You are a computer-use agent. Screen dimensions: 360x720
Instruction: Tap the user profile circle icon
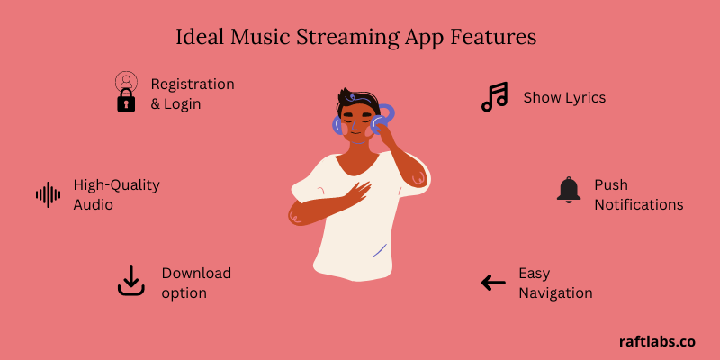[x=126, y=81]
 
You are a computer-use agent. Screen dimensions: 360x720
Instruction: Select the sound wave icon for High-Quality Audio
[x=48, y=194]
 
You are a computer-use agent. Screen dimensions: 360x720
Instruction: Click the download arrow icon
[x=131, y=281]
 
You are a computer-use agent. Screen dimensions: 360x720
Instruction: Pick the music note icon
[x=494, y=97]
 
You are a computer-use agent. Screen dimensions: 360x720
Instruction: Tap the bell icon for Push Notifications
[x=569, y=190]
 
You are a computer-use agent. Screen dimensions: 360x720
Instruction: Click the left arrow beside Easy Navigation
[x=493, y=283]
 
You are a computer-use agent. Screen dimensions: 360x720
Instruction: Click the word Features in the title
[x=499, y=38]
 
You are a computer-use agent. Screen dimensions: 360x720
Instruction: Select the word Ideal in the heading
[x=197, y=38]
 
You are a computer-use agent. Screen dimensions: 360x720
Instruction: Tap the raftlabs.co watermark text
[x=657, y=341]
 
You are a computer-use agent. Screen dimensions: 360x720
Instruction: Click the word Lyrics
[x=584, y=97]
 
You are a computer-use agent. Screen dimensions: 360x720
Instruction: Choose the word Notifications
[x=639, y=204]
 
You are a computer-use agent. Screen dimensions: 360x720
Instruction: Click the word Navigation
[x=555, y=292]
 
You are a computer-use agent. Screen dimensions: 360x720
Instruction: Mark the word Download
[x=196, y=273]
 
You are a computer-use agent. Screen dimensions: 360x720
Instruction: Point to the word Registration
[x=193, y=84]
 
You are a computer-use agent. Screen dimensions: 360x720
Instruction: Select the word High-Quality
[x=116, y=184]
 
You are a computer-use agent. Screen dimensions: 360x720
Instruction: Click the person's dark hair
[x=356, y=98]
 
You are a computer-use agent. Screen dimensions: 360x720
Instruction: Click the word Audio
[x=94, y=204]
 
